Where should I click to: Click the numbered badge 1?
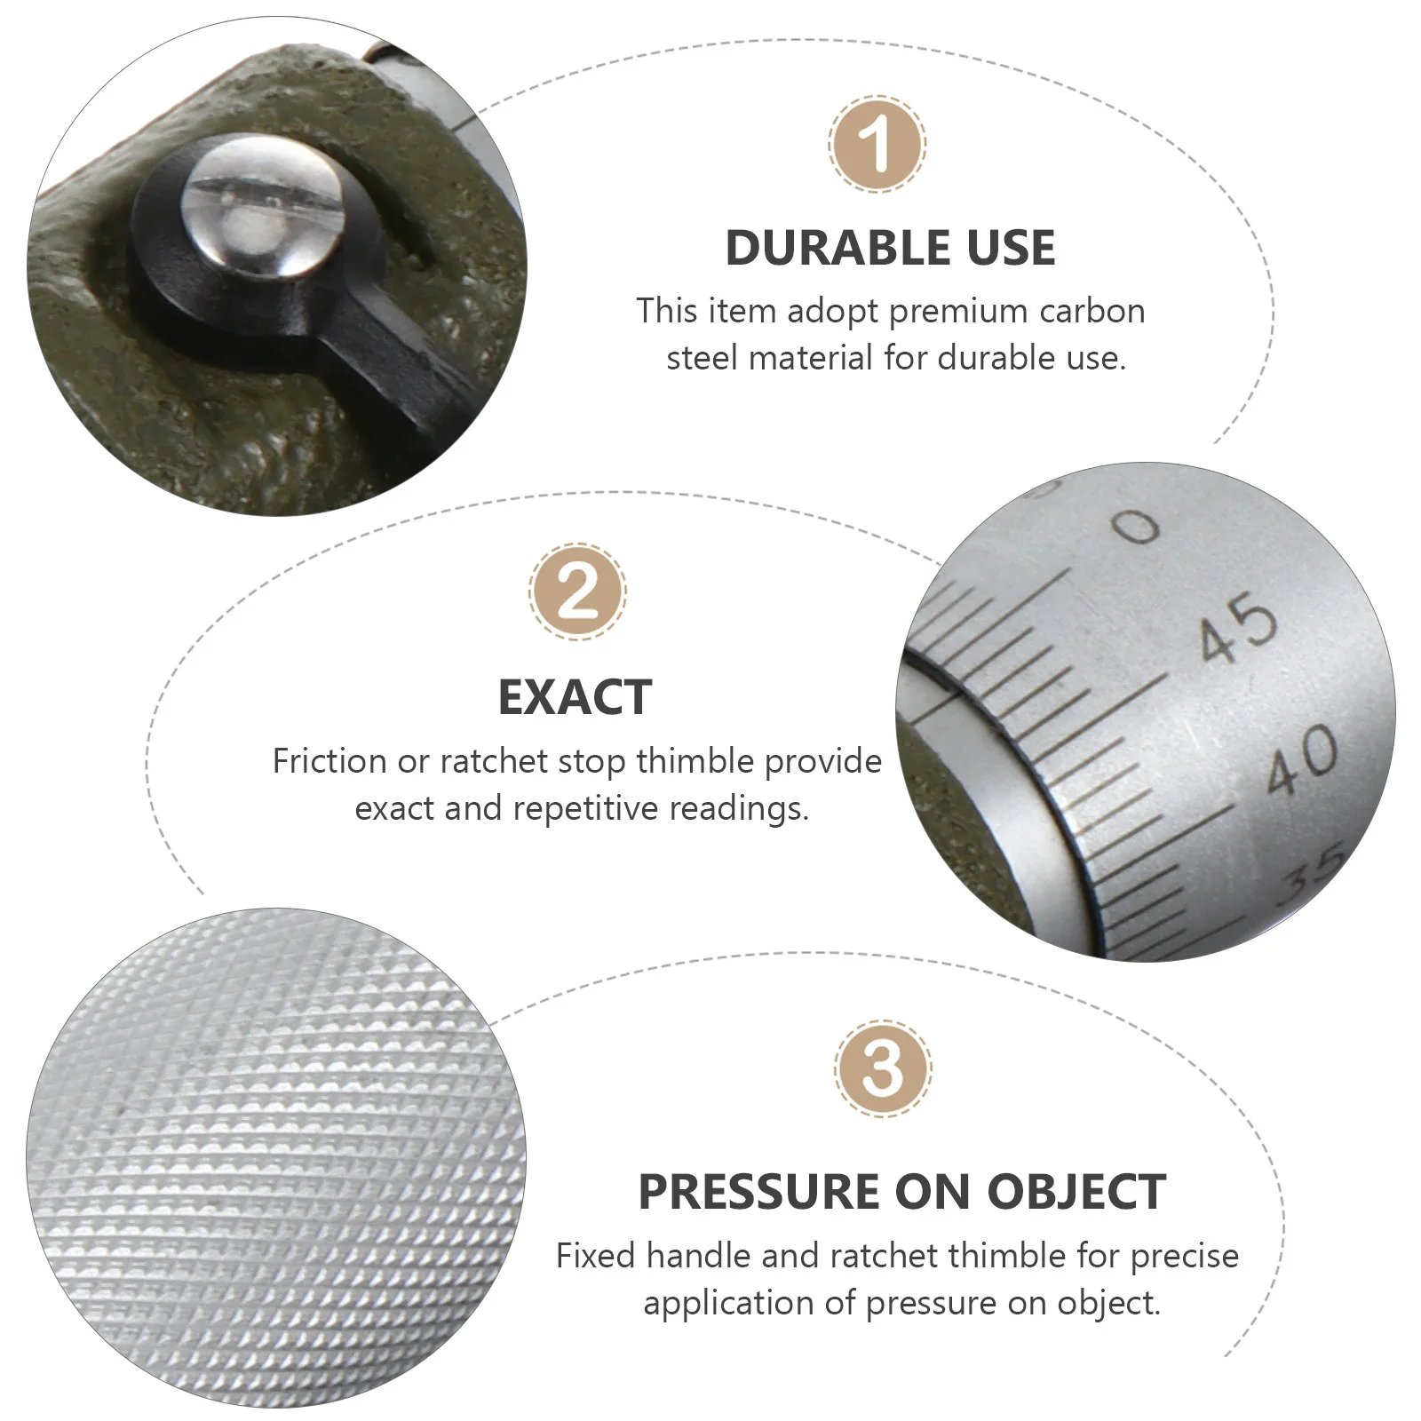877,144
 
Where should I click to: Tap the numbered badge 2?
578,591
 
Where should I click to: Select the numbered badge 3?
883,1068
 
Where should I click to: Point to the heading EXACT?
575,697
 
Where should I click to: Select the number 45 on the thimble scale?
1238,628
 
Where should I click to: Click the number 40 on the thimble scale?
1302,759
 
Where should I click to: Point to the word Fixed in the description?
597,1256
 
